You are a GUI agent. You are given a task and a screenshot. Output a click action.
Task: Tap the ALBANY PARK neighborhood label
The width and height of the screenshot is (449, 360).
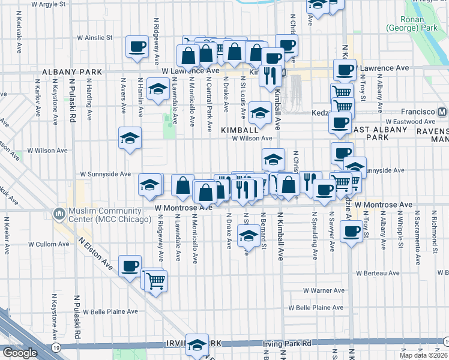pos(65,72)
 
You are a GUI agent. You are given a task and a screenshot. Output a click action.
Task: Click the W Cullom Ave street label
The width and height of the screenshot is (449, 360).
pos(49,244)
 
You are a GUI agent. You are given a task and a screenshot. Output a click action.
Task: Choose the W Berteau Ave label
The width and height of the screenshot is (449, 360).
pos(376,272)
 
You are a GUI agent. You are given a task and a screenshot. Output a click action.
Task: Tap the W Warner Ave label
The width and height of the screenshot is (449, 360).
pos(324,290)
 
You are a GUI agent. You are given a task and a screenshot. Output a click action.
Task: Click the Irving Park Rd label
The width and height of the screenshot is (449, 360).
pos(288,344)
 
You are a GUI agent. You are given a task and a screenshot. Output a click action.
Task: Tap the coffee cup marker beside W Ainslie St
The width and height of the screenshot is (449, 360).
pos(137,47)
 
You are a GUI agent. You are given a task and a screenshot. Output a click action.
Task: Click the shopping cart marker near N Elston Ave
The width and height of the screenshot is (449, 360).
pos(155,280)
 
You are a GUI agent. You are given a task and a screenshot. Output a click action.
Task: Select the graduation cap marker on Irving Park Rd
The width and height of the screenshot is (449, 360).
pos(197,344)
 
